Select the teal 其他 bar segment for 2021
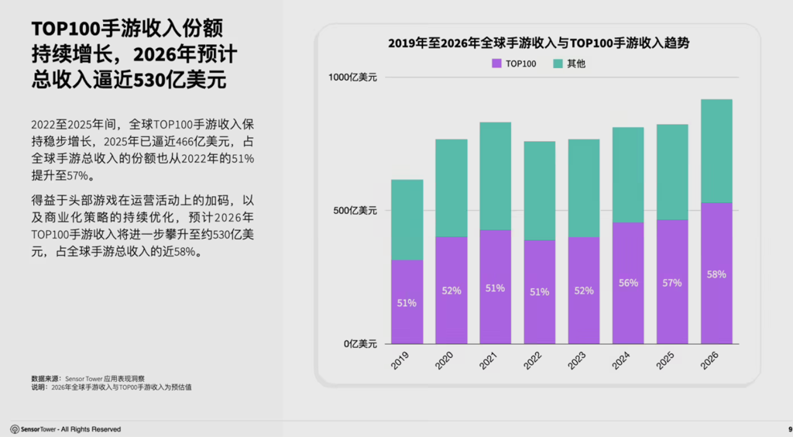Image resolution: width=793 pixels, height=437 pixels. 496,176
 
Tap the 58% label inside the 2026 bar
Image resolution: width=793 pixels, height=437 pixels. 716,274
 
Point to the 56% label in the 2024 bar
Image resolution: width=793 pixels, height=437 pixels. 628,283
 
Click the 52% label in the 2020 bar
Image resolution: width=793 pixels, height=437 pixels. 451,291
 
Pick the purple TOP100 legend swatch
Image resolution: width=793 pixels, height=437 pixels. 497,64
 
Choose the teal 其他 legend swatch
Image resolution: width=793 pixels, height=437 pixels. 558,64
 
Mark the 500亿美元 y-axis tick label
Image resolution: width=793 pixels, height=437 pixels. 355,210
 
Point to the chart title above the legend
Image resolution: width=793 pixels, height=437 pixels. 538,44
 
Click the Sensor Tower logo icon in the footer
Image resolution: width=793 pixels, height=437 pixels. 15,429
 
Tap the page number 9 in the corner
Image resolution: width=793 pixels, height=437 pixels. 789,429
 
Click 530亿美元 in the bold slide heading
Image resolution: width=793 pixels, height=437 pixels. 175,81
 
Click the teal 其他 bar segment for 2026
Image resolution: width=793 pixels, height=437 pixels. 716,150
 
